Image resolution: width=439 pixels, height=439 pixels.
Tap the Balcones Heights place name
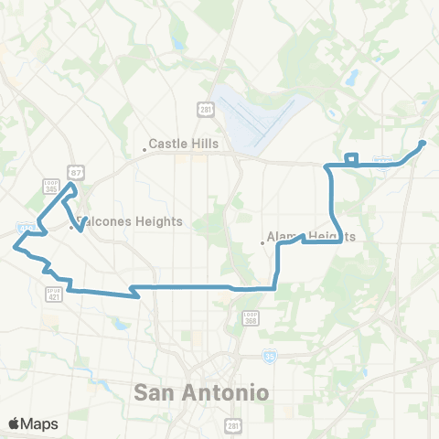[130, 221]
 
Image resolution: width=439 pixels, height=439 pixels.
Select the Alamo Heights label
[310, 236]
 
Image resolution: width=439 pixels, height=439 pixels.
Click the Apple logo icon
[15, 423]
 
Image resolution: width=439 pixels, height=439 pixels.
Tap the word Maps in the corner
[39, 423]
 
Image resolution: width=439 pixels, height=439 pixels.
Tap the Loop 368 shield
[252, 317]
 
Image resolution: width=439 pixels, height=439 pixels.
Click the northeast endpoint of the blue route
[423, 143]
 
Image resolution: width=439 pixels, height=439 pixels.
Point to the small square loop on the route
[351, 158]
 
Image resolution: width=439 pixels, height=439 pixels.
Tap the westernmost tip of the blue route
[14, 245]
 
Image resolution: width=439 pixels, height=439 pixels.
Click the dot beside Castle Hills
[145, 150]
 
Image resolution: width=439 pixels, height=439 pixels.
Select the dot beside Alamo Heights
[262, 242]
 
